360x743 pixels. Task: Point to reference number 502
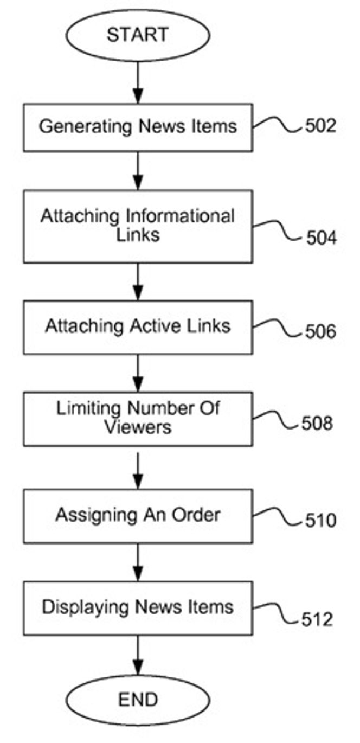point(320,126)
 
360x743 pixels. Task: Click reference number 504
point(321,238)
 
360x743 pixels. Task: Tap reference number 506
point(320,331)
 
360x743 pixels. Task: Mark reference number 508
point(317,423)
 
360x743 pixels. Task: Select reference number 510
point(320,520)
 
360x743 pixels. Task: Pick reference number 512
point(317,619)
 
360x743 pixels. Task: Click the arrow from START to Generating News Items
point(138,82)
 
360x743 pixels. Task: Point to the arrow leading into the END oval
point(138,655)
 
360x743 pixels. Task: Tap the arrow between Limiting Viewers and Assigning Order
point(138,471)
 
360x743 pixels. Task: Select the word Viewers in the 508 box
point(138,427)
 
